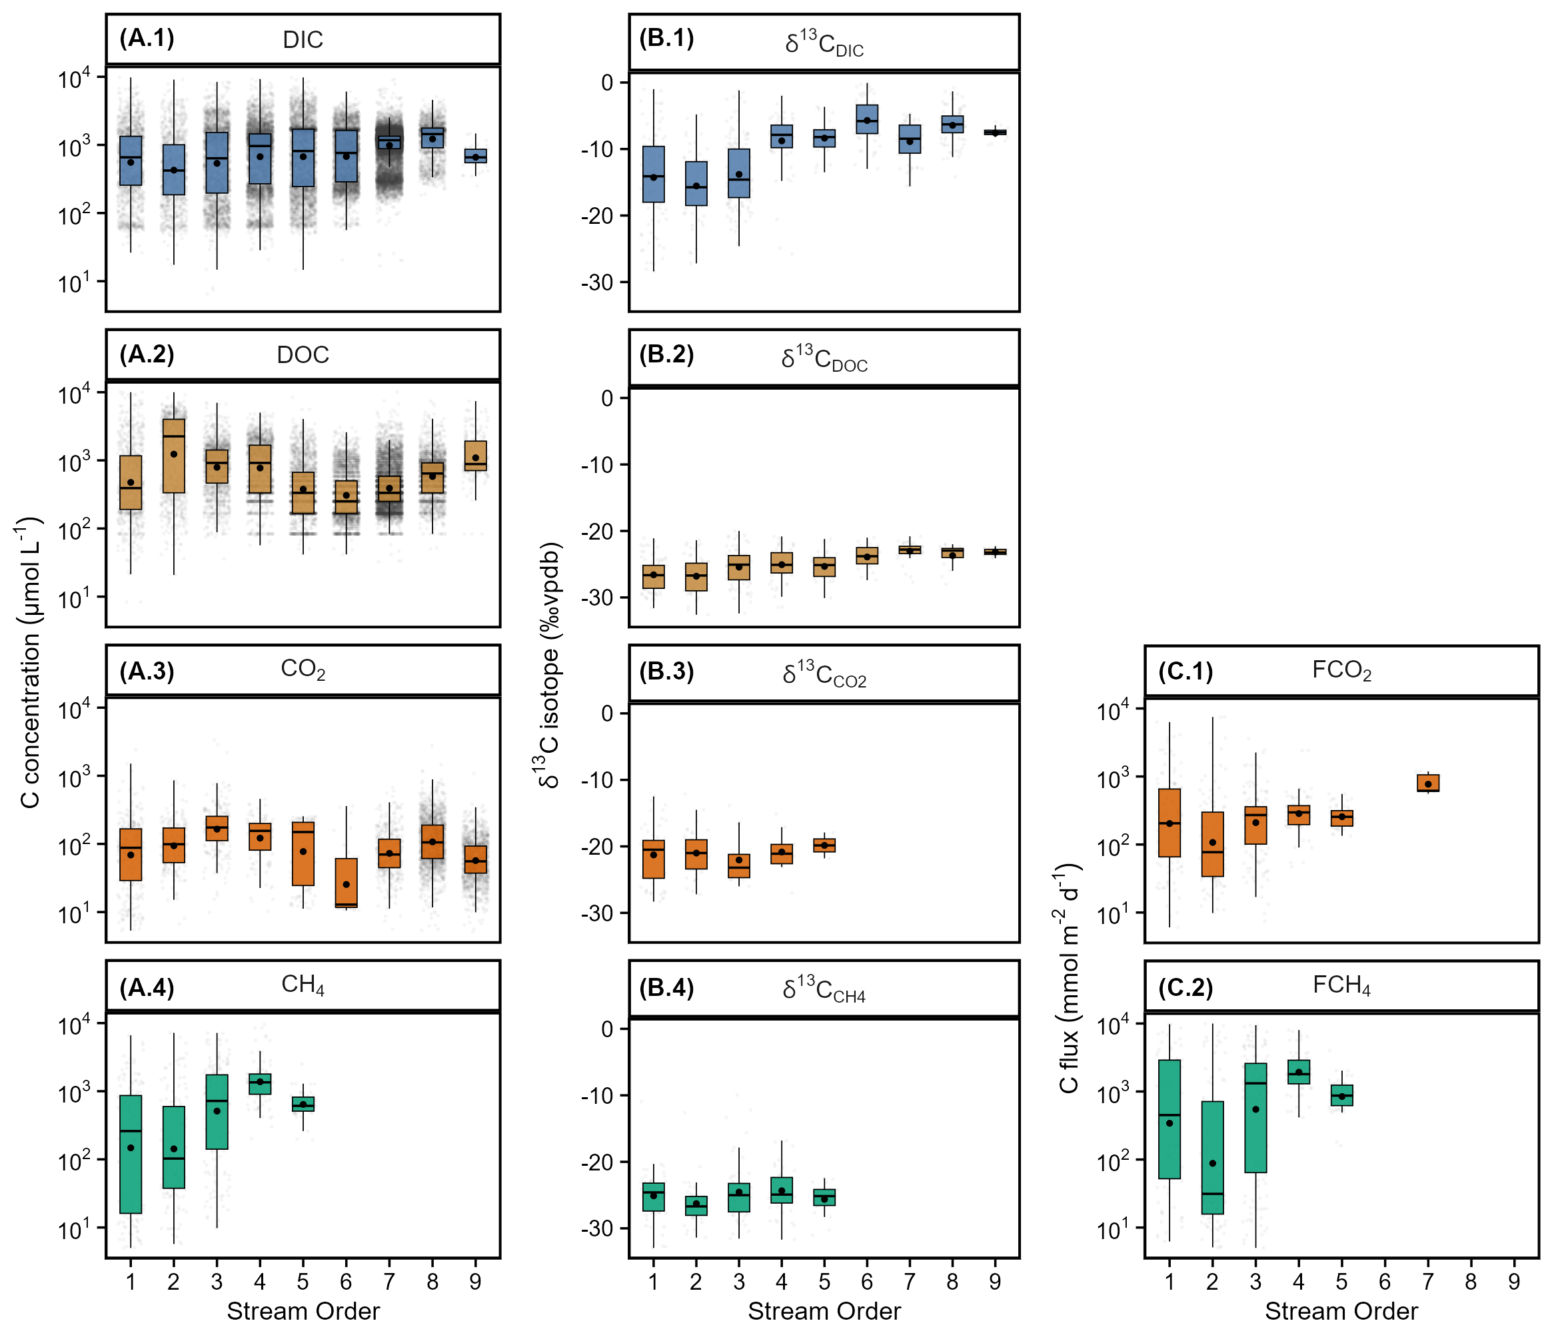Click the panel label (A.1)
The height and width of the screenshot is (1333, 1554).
click(147, 38)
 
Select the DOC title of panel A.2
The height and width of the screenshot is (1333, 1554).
click(303, 354)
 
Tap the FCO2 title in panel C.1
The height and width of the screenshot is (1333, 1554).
click(1341, 669)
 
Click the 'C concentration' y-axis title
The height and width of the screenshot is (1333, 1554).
click(30, 664)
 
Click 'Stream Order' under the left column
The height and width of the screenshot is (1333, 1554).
click(303, 1310)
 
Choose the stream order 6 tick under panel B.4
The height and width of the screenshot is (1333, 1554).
click(866, 1281)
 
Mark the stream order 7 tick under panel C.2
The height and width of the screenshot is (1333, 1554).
click(1427, 1281)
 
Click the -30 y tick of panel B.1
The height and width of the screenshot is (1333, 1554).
click(597, 282)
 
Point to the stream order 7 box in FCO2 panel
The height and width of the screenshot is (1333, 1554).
click(1427, 783)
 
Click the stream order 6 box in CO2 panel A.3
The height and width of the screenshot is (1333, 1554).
click(346, 883)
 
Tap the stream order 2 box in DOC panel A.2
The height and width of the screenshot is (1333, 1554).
click(173, 456)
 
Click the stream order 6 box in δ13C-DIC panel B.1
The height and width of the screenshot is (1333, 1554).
click(866, 119)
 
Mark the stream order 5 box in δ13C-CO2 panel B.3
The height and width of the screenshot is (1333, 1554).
click(824, 845)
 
